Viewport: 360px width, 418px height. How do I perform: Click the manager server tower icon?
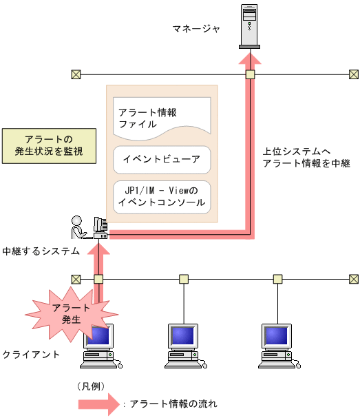click(x=251, y=25)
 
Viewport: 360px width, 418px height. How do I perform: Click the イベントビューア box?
click(x=162, y=159)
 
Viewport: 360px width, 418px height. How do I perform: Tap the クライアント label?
click(x=31, y=354)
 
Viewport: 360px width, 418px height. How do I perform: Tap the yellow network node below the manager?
click(x=251, y=74)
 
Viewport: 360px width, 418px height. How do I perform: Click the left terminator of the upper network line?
click(x=76, y=74)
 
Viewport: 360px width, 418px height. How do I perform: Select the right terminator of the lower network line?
click(x=353, y=279)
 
